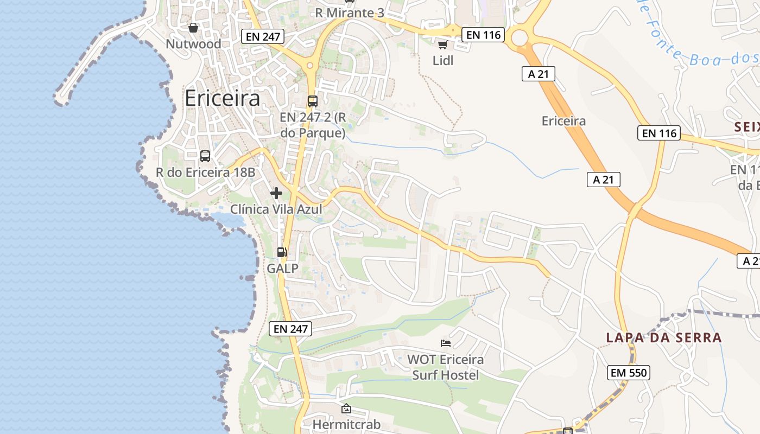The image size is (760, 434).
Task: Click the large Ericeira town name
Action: [222, 98]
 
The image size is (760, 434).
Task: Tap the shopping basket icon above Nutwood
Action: [193, 28]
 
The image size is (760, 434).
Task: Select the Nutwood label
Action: [193, 44]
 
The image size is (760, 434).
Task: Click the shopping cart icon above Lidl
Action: [442, 44]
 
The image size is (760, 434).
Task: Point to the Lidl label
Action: [443, 60]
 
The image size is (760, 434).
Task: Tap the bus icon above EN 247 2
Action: [313, 101]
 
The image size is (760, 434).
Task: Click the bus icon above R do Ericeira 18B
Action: [205, 156]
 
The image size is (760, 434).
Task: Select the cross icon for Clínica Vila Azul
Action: [276, 193]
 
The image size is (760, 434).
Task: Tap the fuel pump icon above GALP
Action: [282, 252]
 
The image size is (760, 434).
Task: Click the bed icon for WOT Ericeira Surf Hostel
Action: [446, 343]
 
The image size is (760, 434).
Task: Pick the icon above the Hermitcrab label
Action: [346, 409]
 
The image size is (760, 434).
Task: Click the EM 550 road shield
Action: [628, 373]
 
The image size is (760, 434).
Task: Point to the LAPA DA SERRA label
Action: [664, 337]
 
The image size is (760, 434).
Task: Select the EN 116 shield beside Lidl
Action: [483, 35]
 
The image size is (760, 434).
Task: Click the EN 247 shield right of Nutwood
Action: [263, 36]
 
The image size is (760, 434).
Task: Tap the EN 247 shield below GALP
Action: [290, 328]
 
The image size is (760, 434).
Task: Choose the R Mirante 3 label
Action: [350, 12]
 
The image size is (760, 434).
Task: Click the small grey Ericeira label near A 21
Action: [563, 120]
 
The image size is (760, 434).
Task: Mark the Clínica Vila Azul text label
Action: [276, 209]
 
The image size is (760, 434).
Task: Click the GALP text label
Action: [282, 268]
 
